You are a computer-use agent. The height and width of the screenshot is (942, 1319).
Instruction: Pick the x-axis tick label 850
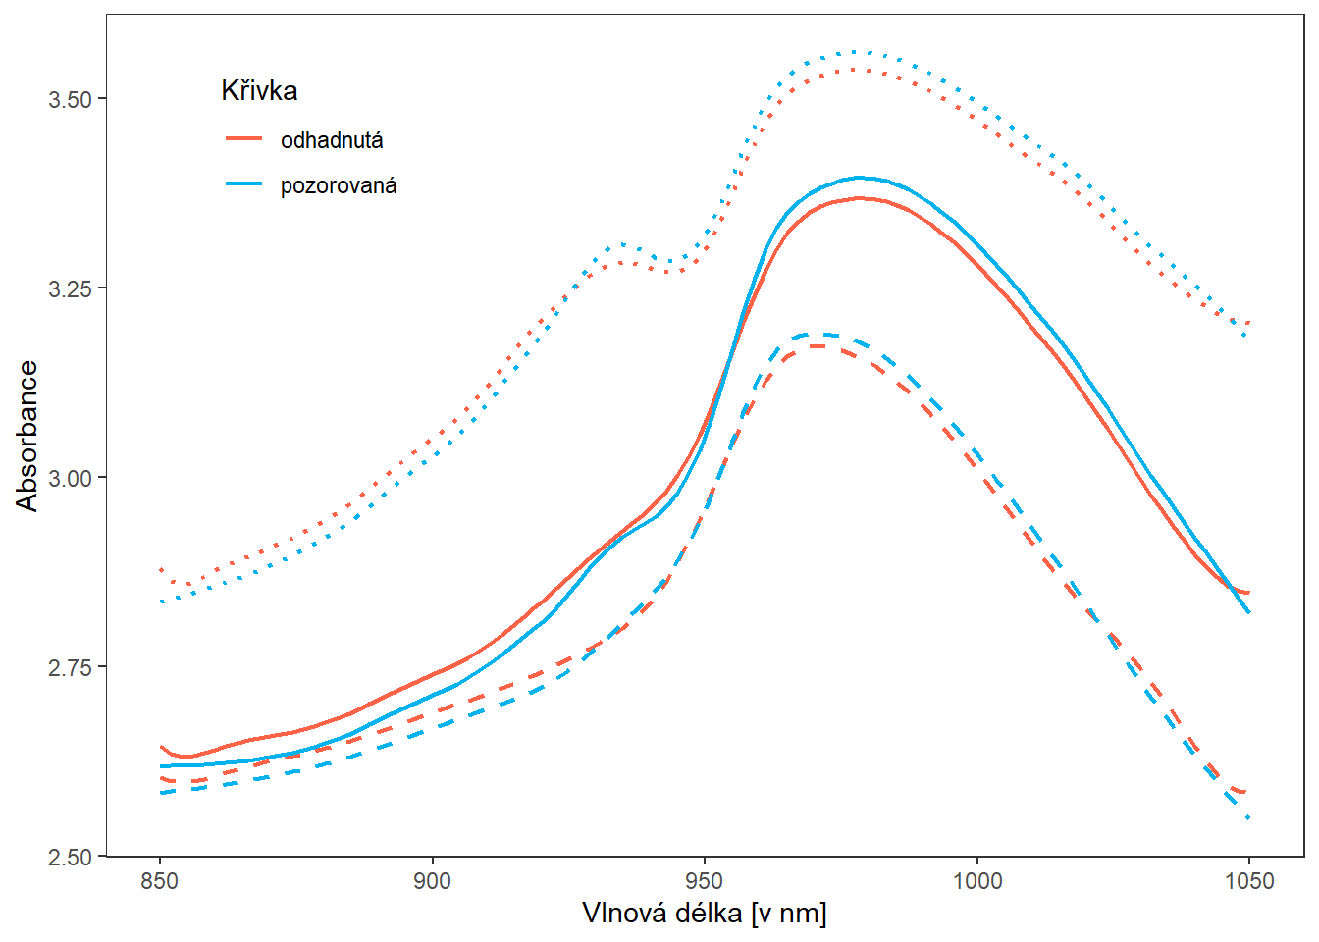[160, 880]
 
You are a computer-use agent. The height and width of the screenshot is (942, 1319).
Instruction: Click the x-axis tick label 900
[432, 880]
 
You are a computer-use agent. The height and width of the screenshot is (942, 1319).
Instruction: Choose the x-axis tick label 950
[705, 880]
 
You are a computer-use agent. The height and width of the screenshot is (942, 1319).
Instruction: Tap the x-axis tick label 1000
[977, 880]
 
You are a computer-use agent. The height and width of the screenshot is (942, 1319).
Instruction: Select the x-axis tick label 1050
[1249, 880]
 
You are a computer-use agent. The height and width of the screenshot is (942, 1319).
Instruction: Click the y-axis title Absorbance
[27, 436]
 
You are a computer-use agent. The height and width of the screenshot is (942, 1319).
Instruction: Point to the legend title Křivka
[259, 91]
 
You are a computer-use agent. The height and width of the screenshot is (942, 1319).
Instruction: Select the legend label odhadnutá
[332, 140]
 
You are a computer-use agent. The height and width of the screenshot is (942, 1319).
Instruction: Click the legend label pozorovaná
[339, 185]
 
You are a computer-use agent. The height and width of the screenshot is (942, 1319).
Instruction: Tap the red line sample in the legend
[244, 139]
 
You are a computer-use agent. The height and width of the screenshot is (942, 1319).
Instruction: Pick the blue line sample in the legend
[244, 184]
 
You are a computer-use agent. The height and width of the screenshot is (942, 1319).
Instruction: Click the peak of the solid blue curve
[861, 178]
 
